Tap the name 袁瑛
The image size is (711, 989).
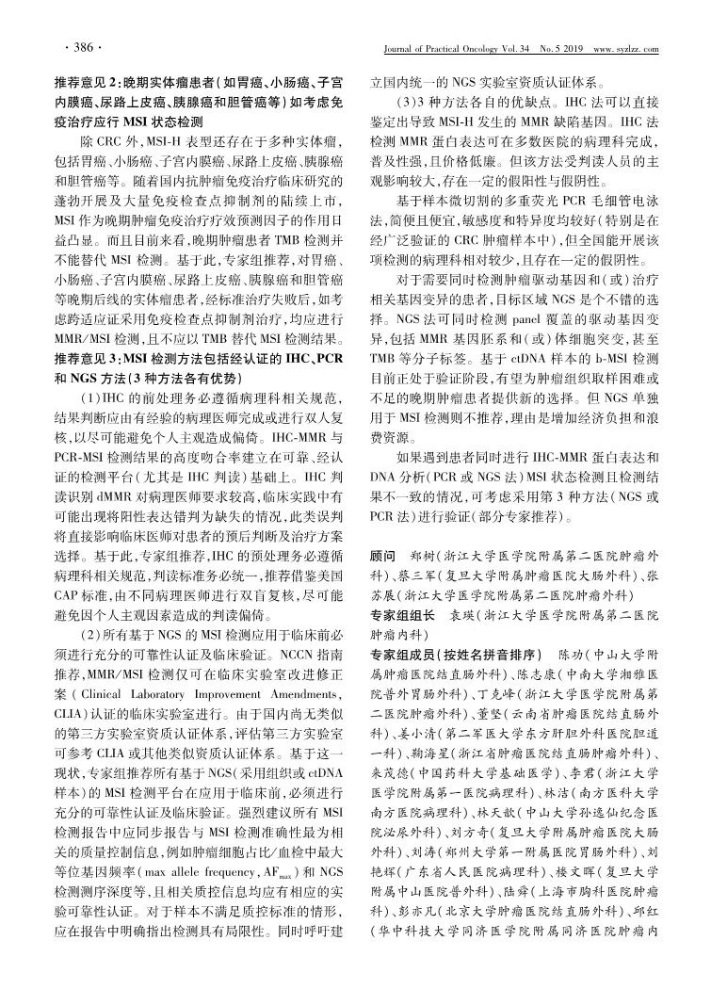(462, 614)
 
